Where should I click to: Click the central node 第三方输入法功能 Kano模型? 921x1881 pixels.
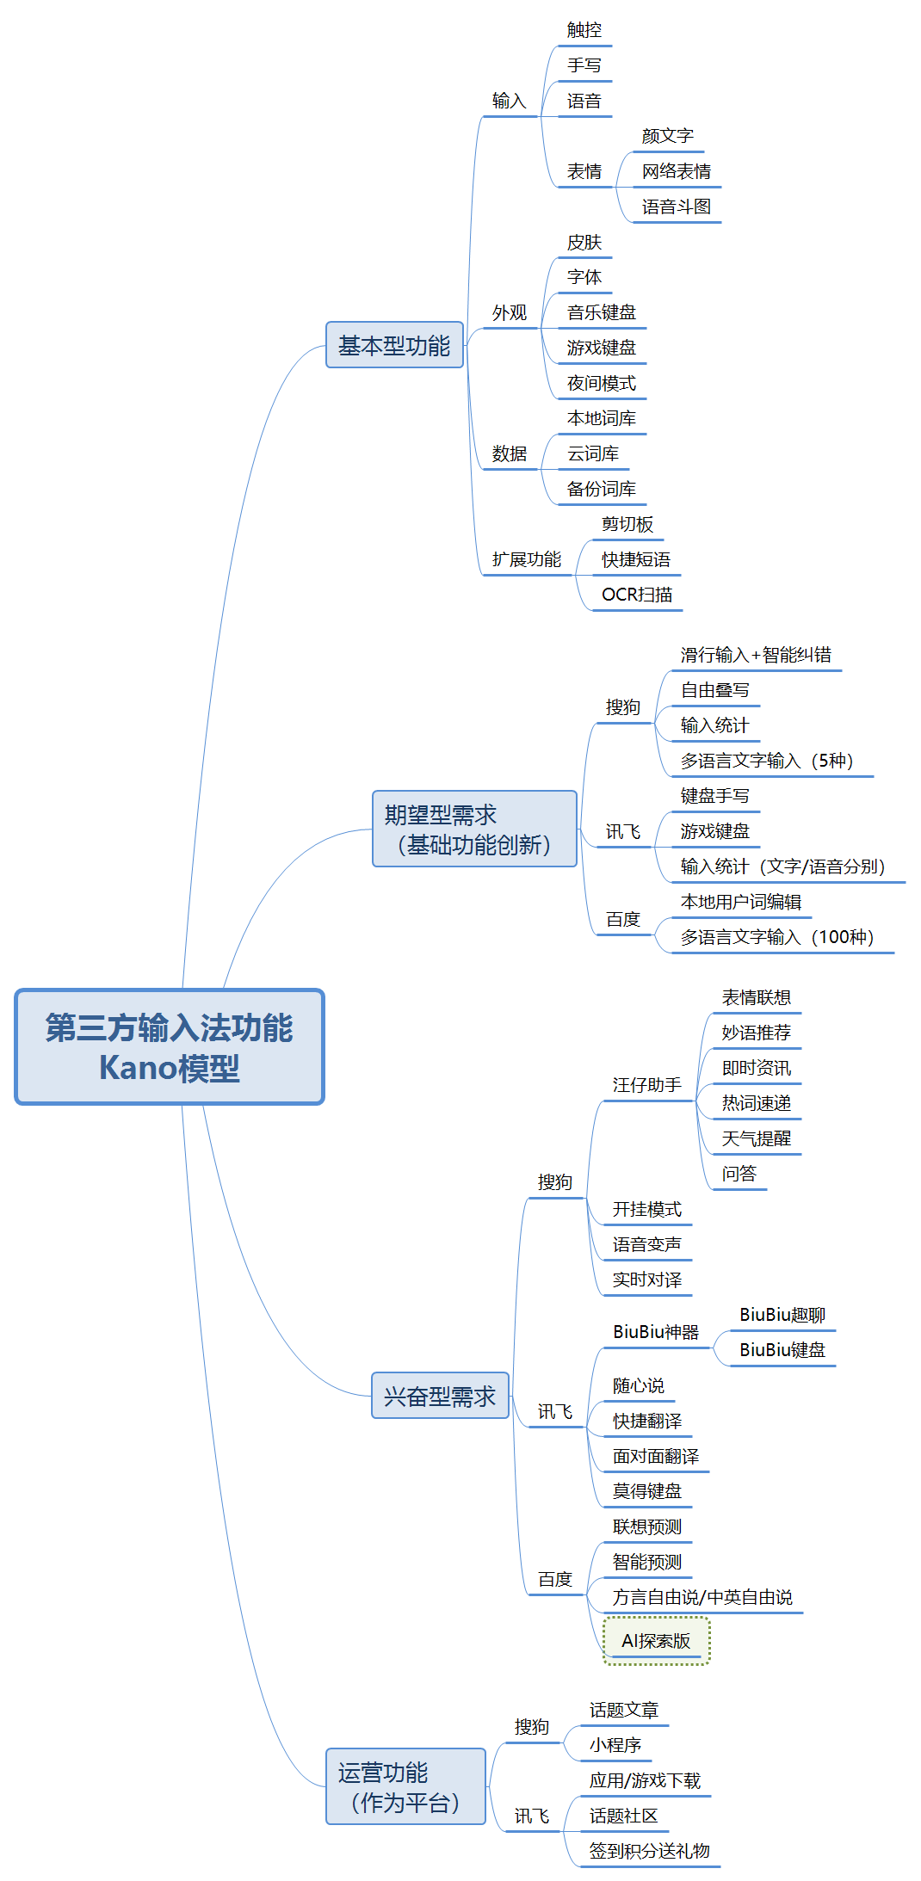tap(170, 1046)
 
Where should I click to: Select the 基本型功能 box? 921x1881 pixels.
tap(394, 345)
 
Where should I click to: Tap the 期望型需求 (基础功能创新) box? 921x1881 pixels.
tap(474, 829)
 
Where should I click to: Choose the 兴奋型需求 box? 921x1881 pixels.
tap(440, 1396)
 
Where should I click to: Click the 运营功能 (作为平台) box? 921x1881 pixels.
tap(405, 1786)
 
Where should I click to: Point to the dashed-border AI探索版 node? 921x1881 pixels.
tap(656, 1641)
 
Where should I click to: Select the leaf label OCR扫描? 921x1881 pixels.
tap(637, 595)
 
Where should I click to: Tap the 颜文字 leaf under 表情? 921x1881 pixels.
tap(668, 136)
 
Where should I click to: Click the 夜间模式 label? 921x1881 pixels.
tap(602, 383)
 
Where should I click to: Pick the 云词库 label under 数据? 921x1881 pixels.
tap(593, 453)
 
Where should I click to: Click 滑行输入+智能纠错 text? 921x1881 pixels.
tap(756, 655)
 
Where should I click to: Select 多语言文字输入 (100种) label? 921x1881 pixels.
tap(777, 937)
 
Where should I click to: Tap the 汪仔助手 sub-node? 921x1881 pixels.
tap(647, 1085)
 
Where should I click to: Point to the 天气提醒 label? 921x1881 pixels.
tap(757, 1138)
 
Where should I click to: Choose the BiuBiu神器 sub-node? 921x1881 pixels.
tap(656, 1332)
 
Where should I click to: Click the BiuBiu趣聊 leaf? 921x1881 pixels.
tap(782, 1315)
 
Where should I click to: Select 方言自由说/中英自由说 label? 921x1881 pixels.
tap(702, 1597)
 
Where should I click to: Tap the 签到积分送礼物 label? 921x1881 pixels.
tap(650, 1851)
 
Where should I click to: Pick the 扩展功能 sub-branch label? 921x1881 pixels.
tap(527, 559)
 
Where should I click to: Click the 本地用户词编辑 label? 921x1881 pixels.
tap(741, 902)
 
